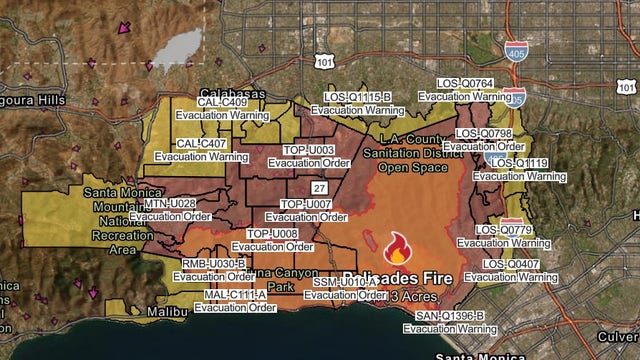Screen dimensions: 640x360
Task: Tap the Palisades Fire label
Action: tap(397, 277)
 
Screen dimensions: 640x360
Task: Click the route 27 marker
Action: tap(319, 188)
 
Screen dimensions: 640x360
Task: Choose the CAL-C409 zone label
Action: tap(221, 102)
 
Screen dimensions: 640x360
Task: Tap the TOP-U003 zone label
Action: tap(308, 150)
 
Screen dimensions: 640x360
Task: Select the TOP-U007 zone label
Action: tap(305, 204)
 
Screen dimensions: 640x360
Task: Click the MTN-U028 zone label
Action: tap(170, 203)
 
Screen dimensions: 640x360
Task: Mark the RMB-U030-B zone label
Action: tap(214, 264)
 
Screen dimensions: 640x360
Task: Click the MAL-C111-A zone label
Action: tap(236, 295)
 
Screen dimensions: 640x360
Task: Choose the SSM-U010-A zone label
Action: tap(344, 283)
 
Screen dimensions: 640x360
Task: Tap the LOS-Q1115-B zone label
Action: tap(357, 97)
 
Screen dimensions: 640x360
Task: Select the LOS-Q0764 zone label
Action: tap(465, 83)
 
